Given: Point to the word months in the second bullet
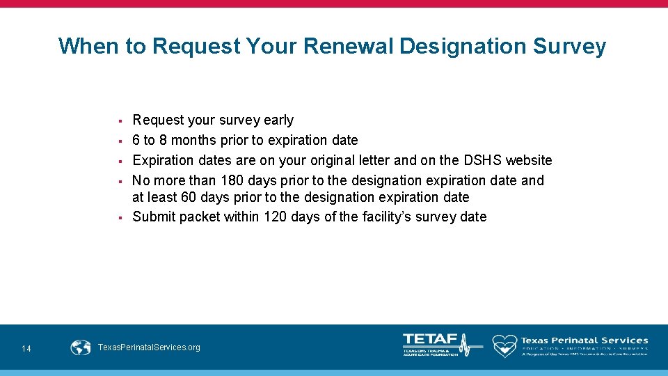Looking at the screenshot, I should coord(194,140).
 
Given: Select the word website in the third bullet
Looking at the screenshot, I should coord(529,160).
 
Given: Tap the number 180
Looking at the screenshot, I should coord(232,180).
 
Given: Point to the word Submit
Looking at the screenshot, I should coord(154,217).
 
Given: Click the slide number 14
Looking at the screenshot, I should coord(26,348).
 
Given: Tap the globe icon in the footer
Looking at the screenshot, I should coord(81,347).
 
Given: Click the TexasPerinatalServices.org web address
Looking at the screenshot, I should coord(150,347).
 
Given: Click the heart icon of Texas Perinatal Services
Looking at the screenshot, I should coord(504,345).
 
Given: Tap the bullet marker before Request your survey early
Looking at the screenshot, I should coord(120,121).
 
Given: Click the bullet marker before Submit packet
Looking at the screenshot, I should coord(120,217).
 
